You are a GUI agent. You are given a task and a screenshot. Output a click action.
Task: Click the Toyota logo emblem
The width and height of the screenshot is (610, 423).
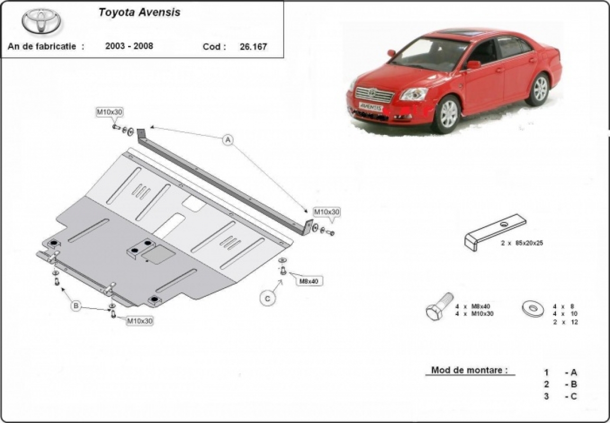coord(41,22)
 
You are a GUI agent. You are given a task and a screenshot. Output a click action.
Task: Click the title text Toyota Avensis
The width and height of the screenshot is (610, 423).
coord(139,12)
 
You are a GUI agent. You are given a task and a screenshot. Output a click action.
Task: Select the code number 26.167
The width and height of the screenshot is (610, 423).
coord(253,47)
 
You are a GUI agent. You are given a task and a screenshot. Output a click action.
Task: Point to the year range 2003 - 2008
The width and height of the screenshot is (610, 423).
coord(129,46)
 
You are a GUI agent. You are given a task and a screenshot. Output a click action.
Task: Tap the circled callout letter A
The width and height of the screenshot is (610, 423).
coord(228,140)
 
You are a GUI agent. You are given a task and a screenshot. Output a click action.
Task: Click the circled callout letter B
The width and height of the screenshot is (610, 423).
coord(76,306)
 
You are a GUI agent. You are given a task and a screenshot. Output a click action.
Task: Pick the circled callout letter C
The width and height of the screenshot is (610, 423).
coord(267,299)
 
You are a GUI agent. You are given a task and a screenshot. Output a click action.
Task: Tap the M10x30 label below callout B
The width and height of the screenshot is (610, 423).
coord(140,321)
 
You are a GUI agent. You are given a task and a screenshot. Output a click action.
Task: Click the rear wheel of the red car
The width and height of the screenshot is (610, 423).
coord(539,90)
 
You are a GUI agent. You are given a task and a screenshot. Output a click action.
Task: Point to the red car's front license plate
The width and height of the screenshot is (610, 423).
coord(371,106)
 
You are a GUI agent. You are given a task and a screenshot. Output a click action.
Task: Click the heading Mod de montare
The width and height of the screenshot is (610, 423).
coord(469,370)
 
